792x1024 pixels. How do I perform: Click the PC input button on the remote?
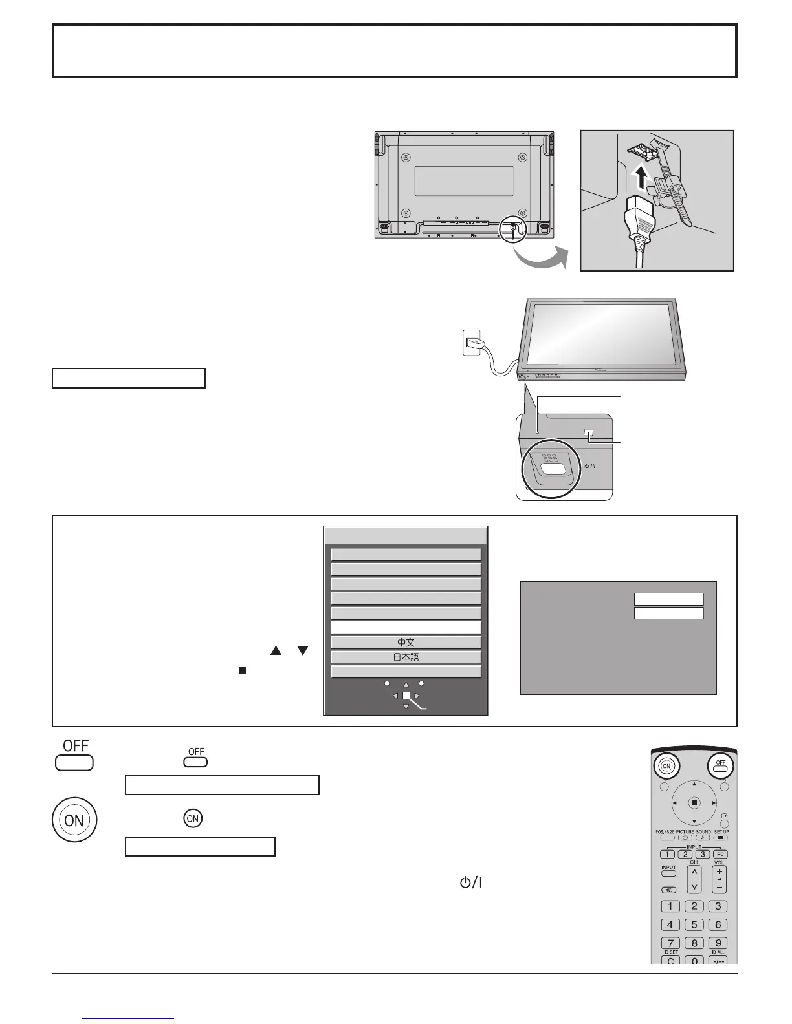720,854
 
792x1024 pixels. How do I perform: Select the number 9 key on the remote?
717,943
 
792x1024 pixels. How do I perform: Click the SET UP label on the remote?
721,831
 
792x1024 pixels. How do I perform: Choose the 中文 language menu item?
406,643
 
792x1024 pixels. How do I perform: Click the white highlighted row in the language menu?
406,628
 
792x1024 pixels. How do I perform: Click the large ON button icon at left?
74,820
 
